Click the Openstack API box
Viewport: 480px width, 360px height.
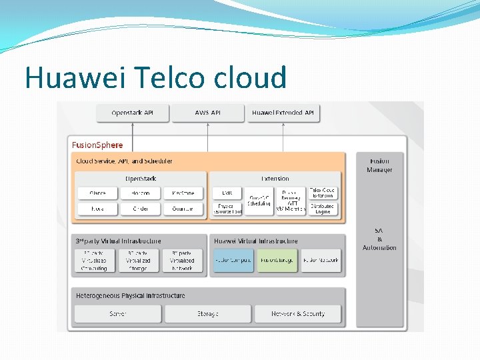[132, 113]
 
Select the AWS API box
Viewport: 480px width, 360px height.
[207, 113]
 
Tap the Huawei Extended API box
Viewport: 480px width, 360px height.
[283, 113]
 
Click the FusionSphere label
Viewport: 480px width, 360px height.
[97, 144]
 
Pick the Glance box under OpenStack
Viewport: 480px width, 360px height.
[97, 193]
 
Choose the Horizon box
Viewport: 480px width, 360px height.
[140, 193]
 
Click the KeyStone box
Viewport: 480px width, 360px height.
[183, 193]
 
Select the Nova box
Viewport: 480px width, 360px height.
[97, 209]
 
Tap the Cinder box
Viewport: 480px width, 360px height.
[140, 209]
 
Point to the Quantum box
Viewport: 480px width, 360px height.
[183, 209]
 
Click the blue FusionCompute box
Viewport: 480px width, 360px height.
[233, 260]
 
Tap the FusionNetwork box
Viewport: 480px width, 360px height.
[321, 260]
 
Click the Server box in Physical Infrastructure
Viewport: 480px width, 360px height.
[118, 313]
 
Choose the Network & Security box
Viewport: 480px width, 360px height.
[297, 313]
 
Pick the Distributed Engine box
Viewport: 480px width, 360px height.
[323, 209]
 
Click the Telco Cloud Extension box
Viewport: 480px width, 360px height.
[323, 193]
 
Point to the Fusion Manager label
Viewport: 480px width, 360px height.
[379, 165]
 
